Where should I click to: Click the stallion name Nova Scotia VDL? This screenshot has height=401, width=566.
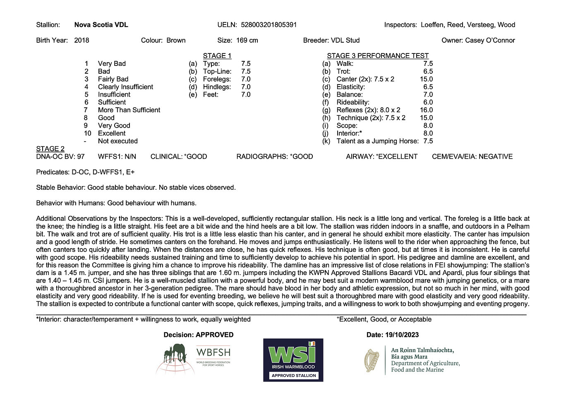point(101,25)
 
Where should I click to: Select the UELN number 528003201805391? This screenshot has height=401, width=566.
point(269,25)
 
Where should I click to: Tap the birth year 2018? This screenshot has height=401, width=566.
point(82,41)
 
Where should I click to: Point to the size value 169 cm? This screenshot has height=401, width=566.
point(247,41)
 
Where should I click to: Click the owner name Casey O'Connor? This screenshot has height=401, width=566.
point(490,41)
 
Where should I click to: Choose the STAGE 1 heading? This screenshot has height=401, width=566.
point(217,56)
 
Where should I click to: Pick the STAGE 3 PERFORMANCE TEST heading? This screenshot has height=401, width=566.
point(377,56)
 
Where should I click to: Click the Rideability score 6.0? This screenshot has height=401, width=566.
point(428,102)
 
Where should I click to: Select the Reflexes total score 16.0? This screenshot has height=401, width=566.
point(426,110)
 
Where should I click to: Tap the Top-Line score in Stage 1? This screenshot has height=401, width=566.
point(246,72)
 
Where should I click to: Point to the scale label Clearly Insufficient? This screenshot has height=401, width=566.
point(125,87)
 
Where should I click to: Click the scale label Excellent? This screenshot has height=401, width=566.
point(112,133)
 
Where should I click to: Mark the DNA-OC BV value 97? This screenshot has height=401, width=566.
point(81,157)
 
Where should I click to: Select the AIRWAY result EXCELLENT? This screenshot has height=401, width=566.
point(398,157)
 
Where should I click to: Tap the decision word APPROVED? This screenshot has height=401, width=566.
point(214,335)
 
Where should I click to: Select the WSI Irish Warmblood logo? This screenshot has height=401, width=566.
point(293,360)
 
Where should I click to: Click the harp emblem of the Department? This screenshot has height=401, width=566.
point(372,360)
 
